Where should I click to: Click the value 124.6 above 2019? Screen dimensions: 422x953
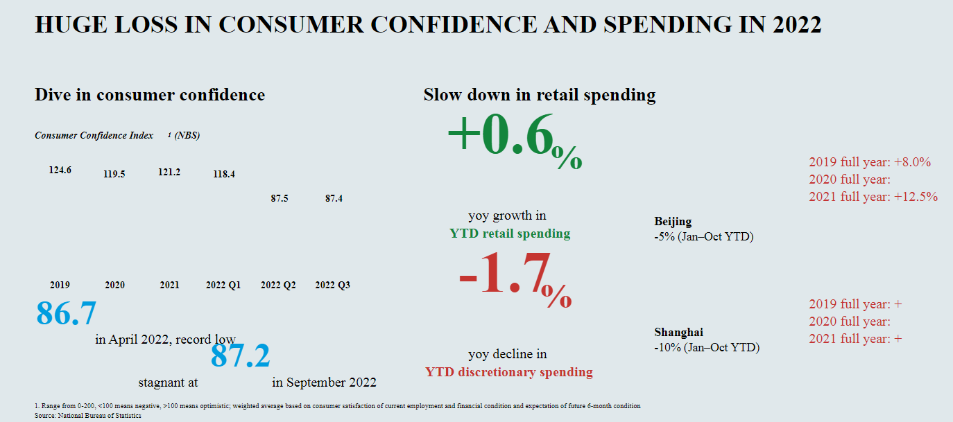click(x=60, y=170)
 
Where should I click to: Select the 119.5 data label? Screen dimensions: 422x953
click(x=114, y=174)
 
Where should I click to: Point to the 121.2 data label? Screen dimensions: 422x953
click(x=169, y=172)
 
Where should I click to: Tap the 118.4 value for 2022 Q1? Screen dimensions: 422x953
click(x=223, y=174)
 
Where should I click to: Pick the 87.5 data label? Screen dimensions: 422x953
click(x=279, y=198)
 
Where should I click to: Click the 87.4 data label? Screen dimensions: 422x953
click(x=334, y=198)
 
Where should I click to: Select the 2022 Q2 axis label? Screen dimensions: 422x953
click(x=278, y=285)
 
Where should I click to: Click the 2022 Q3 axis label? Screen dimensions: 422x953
click(x=332, y=285)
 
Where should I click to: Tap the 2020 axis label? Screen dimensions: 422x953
click(x=114, y=285)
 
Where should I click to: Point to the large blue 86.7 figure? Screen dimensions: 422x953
click(x=66, y=313)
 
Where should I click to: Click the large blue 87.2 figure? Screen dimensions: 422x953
click(x=240, y=355)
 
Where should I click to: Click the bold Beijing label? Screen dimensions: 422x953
click(x=673, y=222)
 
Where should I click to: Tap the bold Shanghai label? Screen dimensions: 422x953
click(x=678, y=333)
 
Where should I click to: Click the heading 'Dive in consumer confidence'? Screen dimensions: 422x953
click(x=150, y=95)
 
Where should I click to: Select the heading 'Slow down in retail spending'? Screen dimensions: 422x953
click(x=539, y=95)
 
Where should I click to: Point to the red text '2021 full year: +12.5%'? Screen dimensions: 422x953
click(x=873, y=197)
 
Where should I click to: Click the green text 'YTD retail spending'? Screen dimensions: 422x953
click(x=510, y=234)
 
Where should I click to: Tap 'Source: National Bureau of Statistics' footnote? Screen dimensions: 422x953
click(x=87, y=416)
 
